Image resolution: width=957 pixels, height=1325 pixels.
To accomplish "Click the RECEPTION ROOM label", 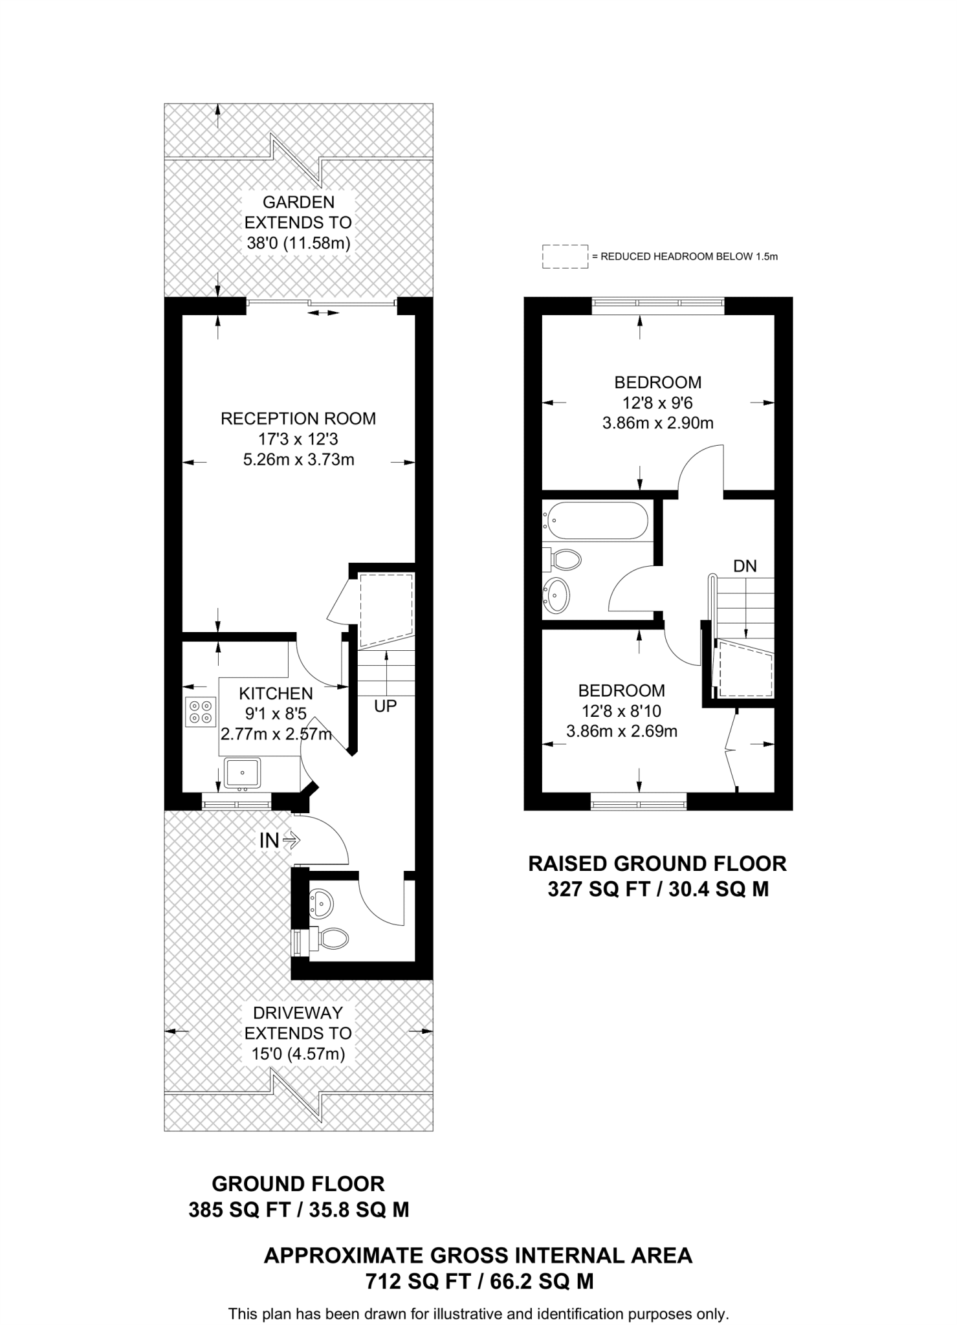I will click(298, 419).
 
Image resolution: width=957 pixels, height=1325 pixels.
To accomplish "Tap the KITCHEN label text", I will click(276, 694).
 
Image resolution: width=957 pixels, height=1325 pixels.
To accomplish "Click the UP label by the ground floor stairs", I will click(385, 706).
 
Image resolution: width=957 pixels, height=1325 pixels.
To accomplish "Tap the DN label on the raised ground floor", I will click(745, 566).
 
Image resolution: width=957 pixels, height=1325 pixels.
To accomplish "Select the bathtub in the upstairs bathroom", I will click(595, 520).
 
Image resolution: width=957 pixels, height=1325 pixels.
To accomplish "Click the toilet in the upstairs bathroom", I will click(565, 560).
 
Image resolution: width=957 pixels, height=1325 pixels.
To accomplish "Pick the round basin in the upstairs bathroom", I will click(556, 594).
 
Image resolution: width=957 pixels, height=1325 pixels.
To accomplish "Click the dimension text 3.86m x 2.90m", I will click(657, 423).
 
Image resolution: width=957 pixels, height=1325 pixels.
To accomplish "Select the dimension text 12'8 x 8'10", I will click(621, 711).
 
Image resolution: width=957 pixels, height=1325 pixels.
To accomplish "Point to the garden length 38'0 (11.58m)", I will click(298, 243).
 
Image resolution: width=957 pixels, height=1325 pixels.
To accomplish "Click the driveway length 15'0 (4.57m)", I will click(298, 1054).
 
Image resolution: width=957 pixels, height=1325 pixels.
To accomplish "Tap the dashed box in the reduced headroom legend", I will click(565, 256).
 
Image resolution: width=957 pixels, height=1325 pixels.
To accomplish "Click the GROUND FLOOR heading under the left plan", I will click(298, 1184).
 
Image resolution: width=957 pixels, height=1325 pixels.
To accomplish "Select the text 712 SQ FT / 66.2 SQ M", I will click(479, 1282).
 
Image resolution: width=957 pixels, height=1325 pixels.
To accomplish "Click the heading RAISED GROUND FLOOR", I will click(657, 864).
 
